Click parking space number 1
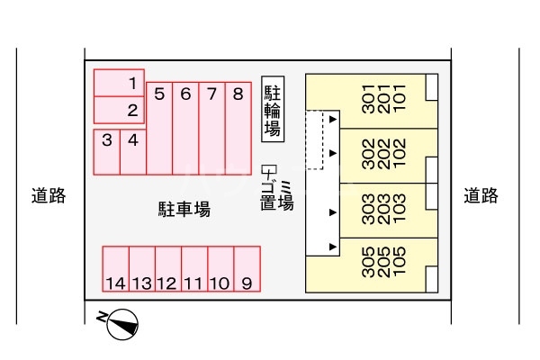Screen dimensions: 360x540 (x=120, y=83)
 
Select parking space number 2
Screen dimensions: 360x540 (x=120, y=110)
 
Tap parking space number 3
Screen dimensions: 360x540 (x=106, y=151)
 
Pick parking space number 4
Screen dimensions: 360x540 (x=133, y=151)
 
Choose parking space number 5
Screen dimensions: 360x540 (x=159, y=128)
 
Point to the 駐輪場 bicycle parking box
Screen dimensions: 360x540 (x=273, y=108)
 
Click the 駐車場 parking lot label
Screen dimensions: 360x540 (x=184, y=210)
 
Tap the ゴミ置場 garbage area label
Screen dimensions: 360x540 (x=276, y=191)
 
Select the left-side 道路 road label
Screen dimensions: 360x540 (x=48, y=195)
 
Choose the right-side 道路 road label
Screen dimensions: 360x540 (x=481, y=195)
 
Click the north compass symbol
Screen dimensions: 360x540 (x=122, y=323)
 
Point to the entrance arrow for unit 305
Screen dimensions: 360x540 (x=333, y=246)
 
